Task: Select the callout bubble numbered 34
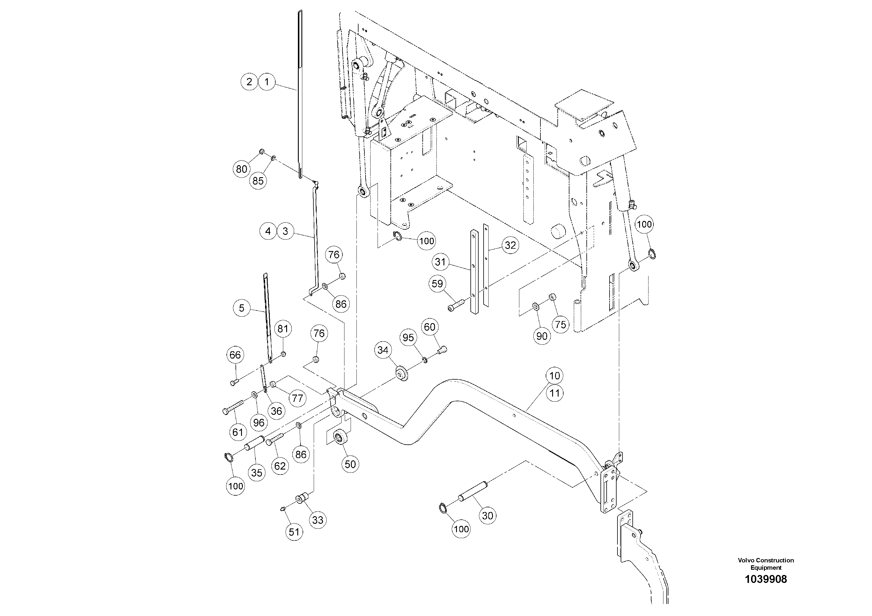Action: point(383,350)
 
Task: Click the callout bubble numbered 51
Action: point(294,532)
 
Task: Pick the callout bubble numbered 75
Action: point(560,325)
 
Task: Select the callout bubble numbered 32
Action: point(510,245)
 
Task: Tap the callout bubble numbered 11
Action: point(555,393)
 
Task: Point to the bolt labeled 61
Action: point(233,407)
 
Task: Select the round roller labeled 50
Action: point(339,437)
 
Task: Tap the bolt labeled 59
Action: point(456,304)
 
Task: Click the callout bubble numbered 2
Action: point(249,82)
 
